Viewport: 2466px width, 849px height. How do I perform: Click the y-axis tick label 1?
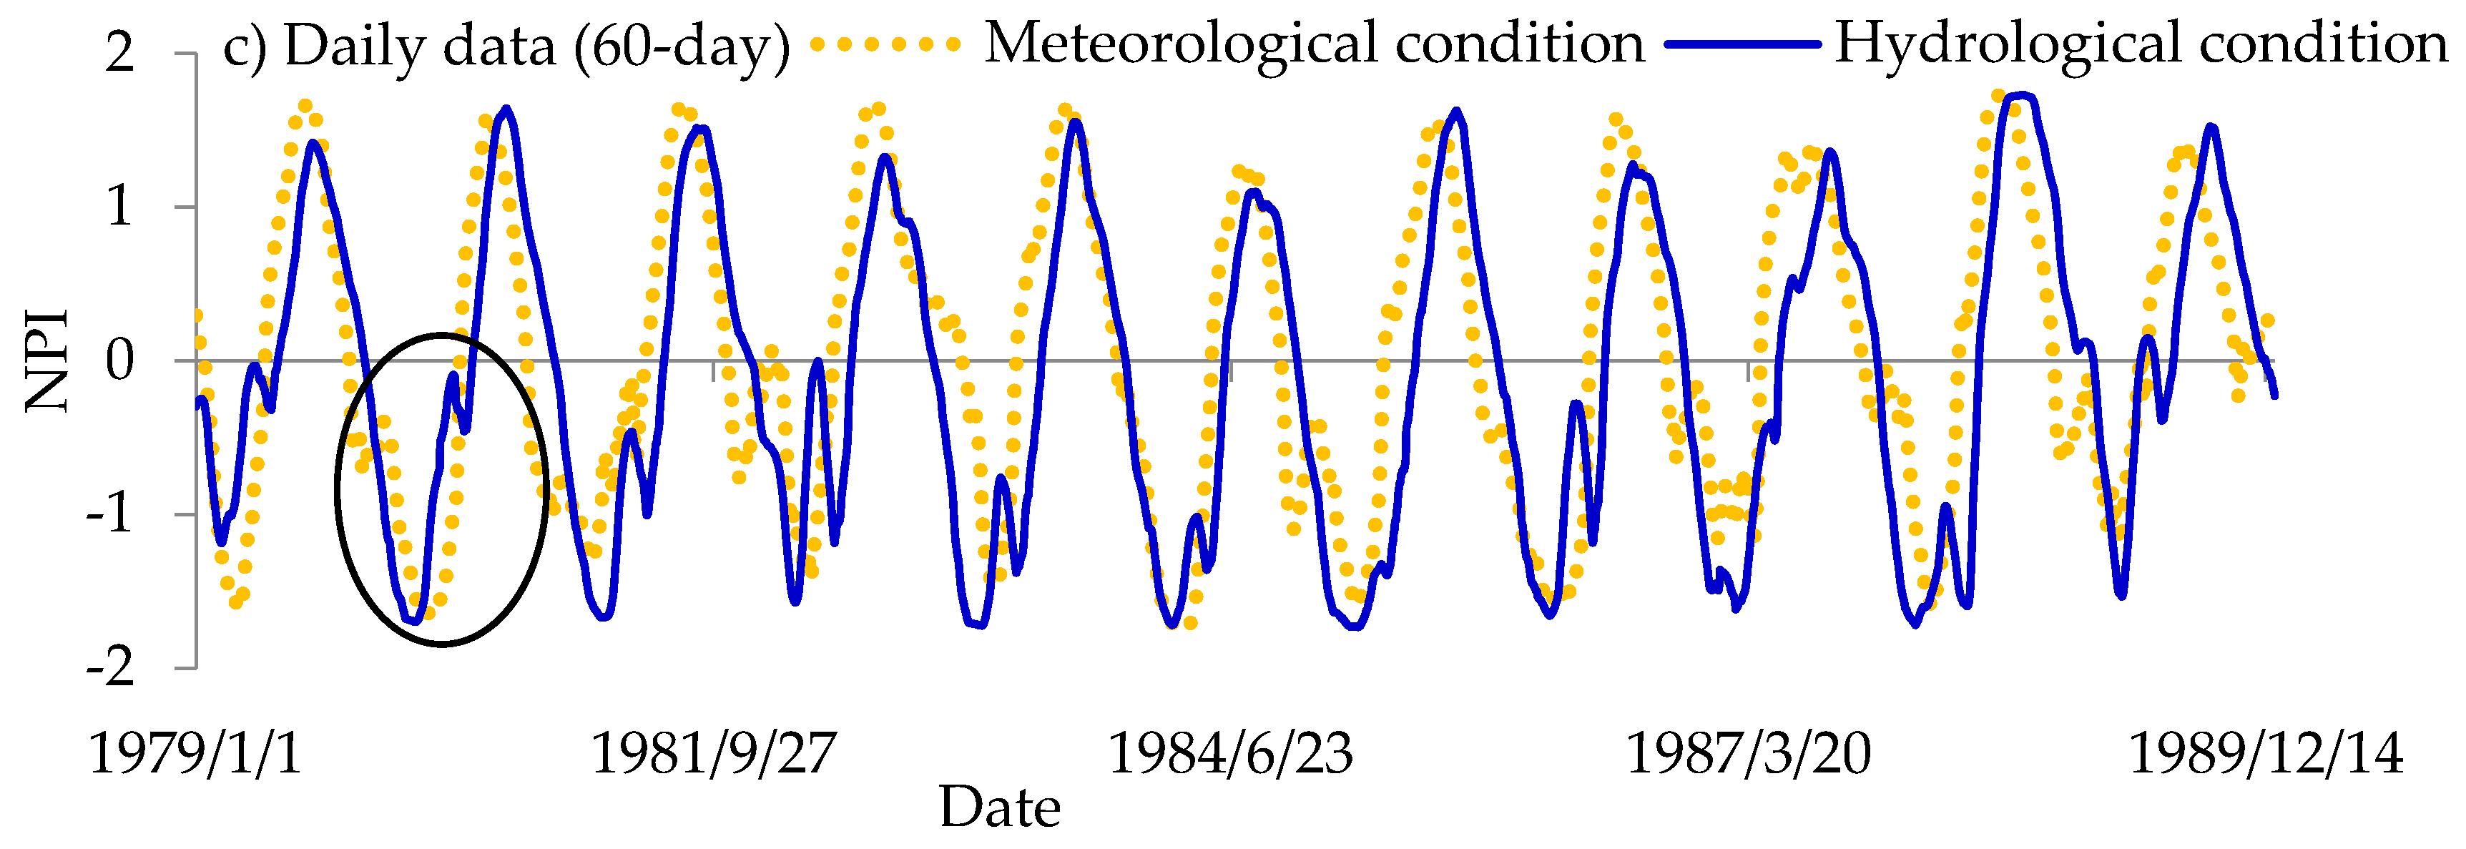point(119,206)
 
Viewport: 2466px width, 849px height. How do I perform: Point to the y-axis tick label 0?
point(119,361)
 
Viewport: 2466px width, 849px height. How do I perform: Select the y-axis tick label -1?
point(108,515)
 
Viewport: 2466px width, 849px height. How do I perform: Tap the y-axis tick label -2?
point(108,668)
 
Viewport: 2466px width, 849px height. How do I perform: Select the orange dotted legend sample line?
point(885,44)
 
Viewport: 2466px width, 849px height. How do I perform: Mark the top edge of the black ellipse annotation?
point(441,335)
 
